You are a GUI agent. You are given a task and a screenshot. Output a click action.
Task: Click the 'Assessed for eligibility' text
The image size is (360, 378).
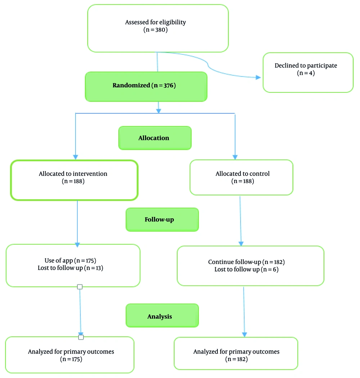[156, 22]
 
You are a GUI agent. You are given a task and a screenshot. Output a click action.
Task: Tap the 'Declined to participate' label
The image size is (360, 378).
[306, 65]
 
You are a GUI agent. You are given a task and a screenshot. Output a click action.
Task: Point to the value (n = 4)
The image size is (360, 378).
[306, 73]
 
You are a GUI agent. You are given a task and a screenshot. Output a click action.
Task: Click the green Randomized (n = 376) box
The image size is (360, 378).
[146, 86]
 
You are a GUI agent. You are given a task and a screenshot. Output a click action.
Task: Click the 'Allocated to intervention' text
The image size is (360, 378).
[73, 174]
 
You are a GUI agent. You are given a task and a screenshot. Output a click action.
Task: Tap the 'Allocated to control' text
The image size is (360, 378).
[243, 174]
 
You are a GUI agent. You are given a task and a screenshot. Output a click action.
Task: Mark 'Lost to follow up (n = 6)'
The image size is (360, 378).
[246, 269]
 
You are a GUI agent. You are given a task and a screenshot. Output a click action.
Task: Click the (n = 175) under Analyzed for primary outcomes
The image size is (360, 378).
[71, 359]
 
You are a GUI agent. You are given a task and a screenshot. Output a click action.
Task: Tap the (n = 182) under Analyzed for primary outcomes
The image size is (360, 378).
[237, 359]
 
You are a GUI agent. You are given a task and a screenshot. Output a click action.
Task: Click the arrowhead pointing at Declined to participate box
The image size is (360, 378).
[257, 77]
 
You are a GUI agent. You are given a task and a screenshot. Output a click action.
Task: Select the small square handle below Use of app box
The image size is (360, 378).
[80, 287]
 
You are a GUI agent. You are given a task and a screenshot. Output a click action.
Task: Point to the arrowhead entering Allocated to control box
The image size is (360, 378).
[235, 157]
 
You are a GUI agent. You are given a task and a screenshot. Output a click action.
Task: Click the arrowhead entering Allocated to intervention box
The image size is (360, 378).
[76, 157]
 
